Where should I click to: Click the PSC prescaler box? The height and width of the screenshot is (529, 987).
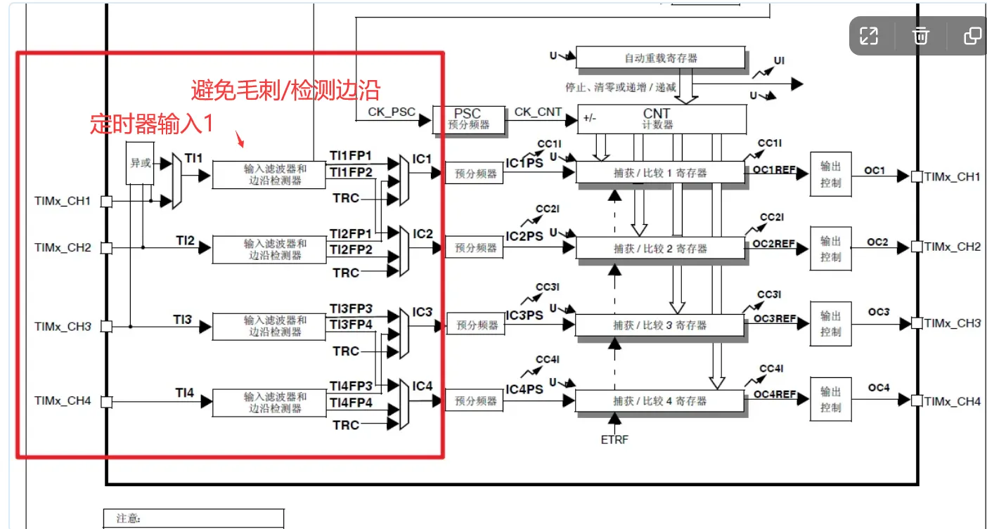click(x=467, y=119)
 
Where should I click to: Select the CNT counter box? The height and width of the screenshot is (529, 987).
click(x=661, y=119)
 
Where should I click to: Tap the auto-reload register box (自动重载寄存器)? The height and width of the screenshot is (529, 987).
click(x=660, y=58)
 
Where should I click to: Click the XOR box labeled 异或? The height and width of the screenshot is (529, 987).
click(x=140, y=163)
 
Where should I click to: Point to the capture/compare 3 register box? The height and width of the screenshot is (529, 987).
click(x=659, y=325)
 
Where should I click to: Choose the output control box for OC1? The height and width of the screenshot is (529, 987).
click(x=830, y=174)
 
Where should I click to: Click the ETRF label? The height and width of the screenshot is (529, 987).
click(x=614, y=440)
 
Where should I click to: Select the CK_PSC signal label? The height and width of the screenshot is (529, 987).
click(x=392, y=112)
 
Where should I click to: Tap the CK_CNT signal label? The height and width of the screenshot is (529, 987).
click(x=538, y=112)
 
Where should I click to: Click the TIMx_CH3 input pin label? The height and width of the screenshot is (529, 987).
click(x=63, y=327)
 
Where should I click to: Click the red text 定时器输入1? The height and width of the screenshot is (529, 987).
click(x=151, y=124)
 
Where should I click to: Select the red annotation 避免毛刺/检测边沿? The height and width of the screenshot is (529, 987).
click(x=285, y=89)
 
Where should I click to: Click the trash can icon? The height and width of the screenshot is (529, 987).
click(x=921, y=36)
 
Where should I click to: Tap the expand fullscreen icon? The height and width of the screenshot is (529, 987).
click(x=869, y=36)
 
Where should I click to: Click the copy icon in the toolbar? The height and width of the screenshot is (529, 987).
click(x=972, y=36)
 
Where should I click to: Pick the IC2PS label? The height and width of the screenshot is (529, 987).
click(x=524, y=237)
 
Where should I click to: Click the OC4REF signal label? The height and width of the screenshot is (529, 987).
click(x=775, y=394)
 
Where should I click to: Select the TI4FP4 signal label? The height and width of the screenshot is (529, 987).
click(x=351, y=403)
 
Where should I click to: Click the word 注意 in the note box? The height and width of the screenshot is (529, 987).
click(x=128, y=518)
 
